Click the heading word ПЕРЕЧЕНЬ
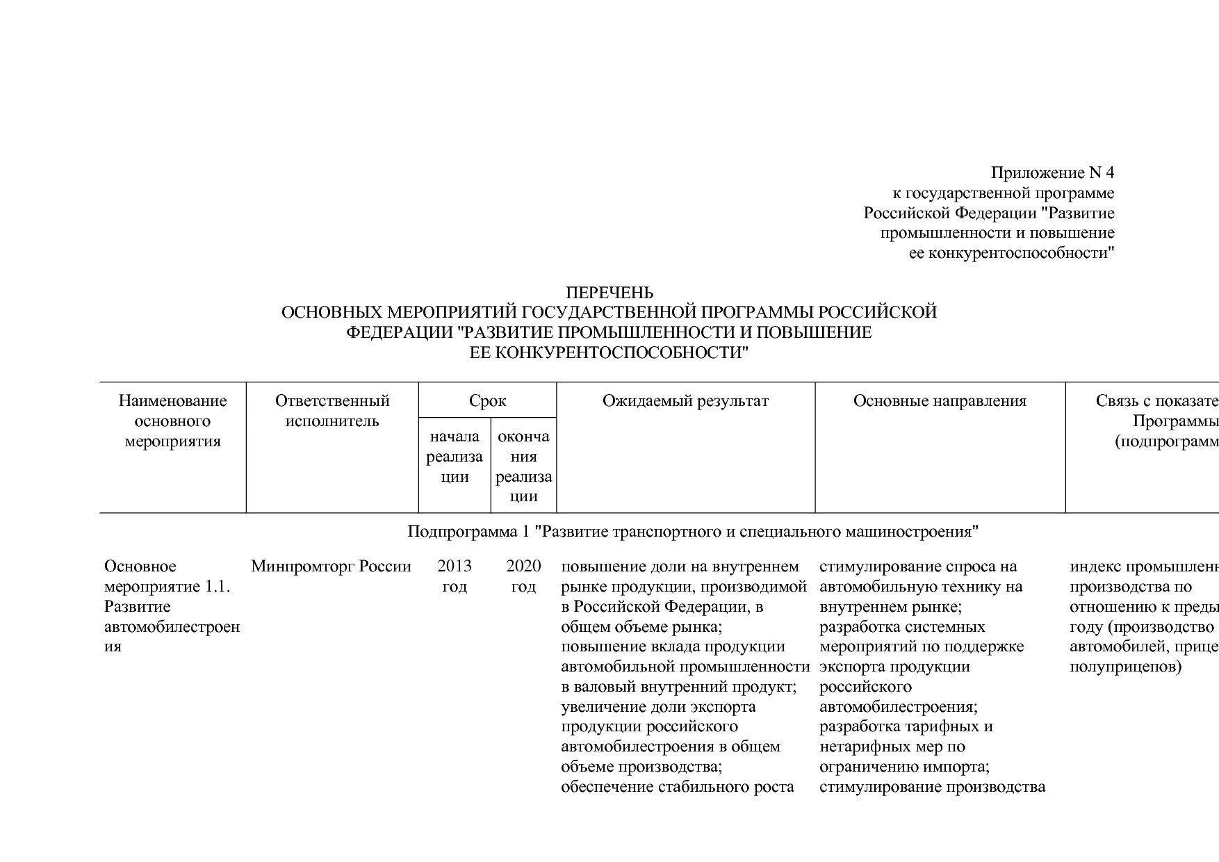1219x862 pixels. tap(609, 293)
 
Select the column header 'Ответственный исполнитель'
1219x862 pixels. tap(332, 411)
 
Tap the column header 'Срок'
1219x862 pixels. tap(487, 401)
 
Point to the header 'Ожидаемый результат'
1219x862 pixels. tap(685, 401)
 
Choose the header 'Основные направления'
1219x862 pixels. tap(940, 401)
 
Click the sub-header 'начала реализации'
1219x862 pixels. tap(455, 457)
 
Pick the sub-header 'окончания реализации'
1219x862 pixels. tap(523, 466)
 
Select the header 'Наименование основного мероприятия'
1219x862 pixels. tap(172, 421)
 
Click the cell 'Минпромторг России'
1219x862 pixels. tap(331, 567)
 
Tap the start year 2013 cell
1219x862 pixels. tap(455, 576)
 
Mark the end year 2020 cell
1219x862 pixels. tap(523, 576)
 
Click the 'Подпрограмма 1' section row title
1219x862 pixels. tap(692, 532)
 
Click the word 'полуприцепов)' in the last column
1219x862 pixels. tap(1125, 667)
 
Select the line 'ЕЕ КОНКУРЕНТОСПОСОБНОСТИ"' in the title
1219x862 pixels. tap(609, 352)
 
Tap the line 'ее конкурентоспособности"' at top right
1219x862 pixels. tap(1011, 253)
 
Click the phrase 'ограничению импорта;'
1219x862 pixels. tap(904, 767)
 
